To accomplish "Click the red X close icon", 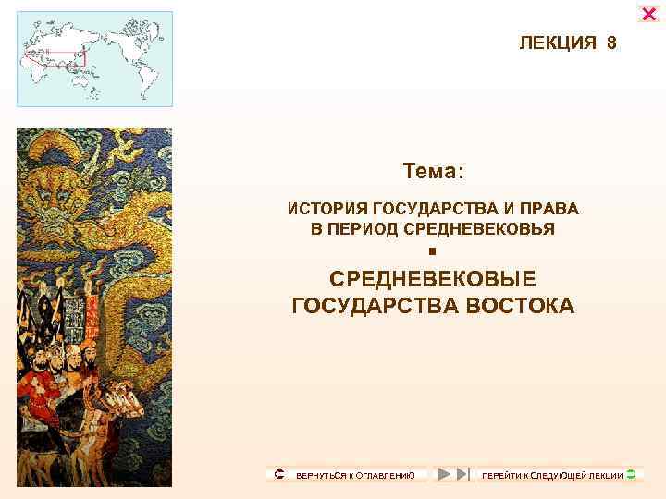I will [649, 14].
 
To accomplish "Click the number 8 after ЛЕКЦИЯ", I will [611, 43].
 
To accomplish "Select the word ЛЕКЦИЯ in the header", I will [559, 43].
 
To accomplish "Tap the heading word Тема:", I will [433, 172].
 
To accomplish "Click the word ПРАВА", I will [553, 210].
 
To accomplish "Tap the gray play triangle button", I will [444, 474].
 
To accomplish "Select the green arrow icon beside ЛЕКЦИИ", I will [630, 474].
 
